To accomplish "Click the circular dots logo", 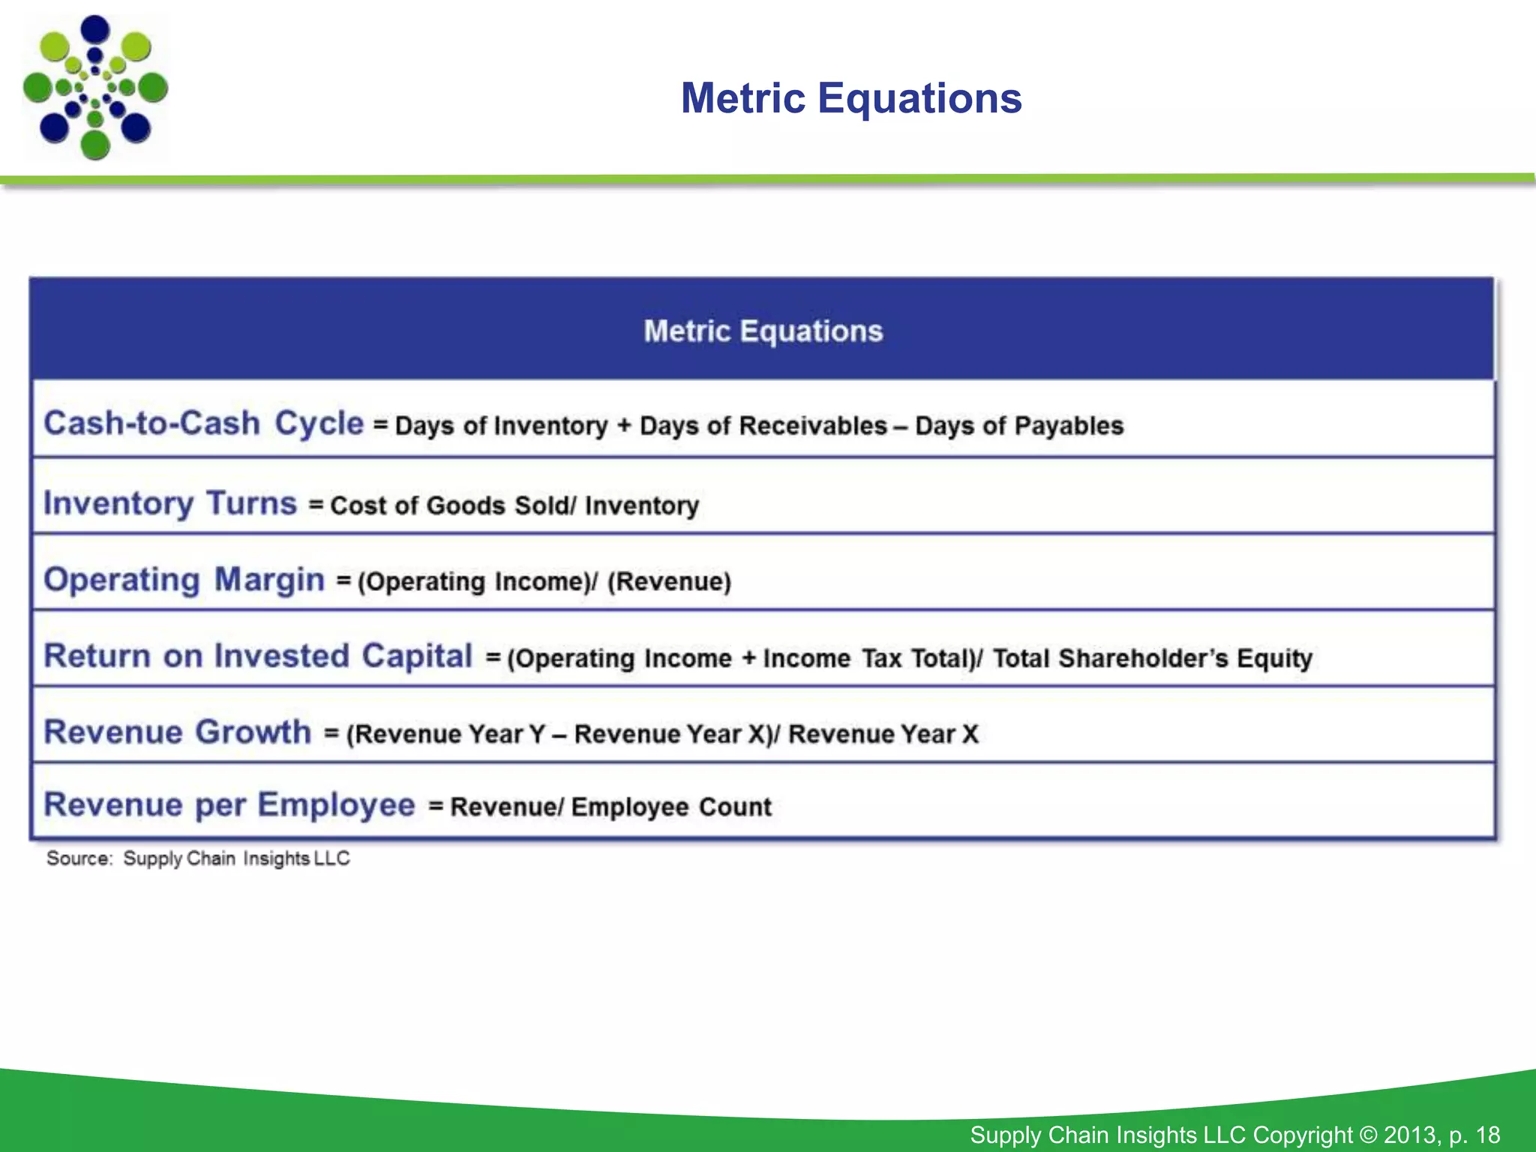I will pos(95,87).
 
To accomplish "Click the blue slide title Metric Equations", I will pos(850,98).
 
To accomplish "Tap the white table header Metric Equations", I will pos(763,331).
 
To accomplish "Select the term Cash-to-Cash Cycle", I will pos(203,423).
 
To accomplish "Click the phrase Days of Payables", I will pos(1018,426).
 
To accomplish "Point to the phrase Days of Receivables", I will pos(763,426).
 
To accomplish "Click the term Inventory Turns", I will pos(170,503).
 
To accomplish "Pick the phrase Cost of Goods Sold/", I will pos(453,505).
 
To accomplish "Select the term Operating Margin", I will pos(184,580).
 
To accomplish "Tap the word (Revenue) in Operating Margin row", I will pos(669,582).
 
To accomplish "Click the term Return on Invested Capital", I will pos(258,656).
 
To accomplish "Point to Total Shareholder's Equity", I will pos(1152,658).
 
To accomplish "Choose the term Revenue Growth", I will pos(177,732).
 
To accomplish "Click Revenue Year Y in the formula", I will pos(448,734).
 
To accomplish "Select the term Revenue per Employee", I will pos(229,805).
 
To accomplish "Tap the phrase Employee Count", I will pos(671,807).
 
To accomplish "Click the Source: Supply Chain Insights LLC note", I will pos(198,858).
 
